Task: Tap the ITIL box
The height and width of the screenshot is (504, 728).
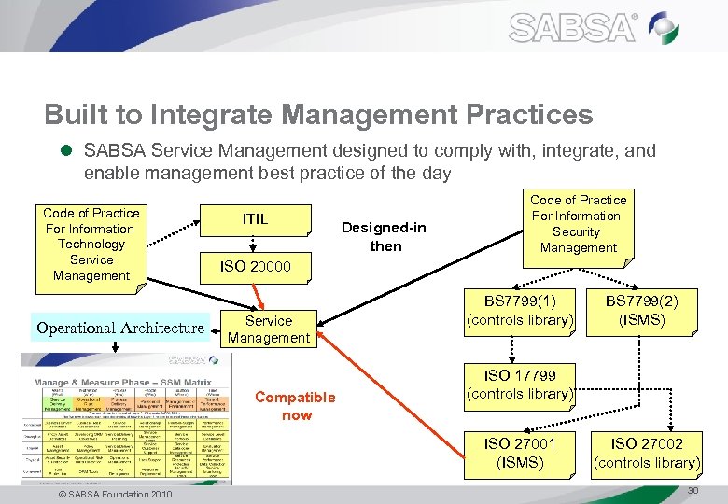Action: pos(255,219)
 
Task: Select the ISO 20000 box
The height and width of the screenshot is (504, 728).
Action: pos(255,267)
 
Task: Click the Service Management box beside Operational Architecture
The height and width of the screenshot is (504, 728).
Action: pos(269,329)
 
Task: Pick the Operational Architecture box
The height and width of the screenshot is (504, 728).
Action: pos(119,328)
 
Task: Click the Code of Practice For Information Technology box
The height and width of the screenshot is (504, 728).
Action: pos(91,245)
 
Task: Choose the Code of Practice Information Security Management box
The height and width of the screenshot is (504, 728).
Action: pos(578,224)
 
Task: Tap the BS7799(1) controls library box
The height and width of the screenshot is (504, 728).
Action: pos(520,311)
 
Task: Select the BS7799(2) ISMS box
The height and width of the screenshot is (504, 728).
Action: pos(642,311)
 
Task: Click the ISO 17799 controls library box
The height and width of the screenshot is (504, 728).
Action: pos(520,385)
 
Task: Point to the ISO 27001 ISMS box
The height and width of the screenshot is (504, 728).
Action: pos(520,454)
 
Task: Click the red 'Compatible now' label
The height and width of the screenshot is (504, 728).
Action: pos(295,406)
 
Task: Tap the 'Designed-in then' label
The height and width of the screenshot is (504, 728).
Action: pos(385,237)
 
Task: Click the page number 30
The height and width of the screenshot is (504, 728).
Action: pos(693,491)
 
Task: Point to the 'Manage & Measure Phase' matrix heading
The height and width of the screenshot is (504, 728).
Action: pos(102,383)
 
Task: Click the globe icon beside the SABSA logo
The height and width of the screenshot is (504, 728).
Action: pos(664,28)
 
